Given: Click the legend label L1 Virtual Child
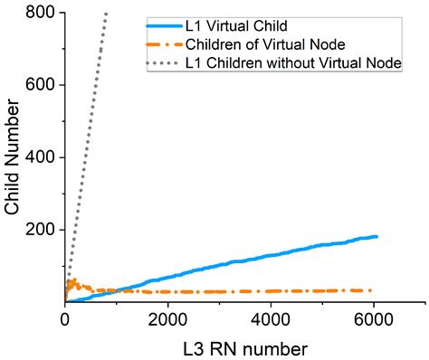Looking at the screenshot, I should (238, 23).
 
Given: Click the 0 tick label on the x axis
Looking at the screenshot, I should (65, 319).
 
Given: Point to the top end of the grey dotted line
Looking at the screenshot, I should (107, 14).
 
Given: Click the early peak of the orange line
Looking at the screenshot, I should (73, 280).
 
